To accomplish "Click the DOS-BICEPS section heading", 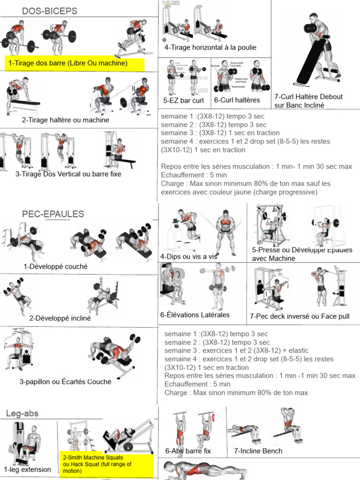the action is click(x=50, y=11).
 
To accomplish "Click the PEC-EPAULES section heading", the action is click(x=53, y=214).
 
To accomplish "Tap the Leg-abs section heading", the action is click(x=22, y=413).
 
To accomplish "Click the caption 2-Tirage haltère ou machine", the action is click(x=65, y=120).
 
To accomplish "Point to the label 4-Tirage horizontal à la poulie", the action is click(x=210, y=47).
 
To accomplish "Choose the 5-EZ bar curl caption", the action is click(x=183, y=100).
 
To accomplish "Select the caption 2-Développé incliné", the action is click(x=60, y=318).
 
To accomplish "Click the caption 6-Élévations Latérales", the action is click(x=195, y=315).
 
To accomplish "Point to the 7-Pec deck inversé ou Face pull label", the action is click(x=300, y=316).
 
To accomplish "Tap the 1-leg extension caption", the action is click(x=27, y=469).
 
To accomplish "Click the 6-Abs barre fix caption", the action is click(x=188, y=451).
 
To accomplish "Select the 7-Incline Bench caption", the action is click(x=258, y=451).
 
